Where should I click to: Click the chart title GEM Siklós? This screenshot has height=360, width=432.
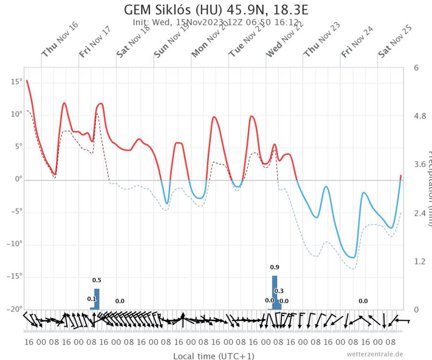(216, 10)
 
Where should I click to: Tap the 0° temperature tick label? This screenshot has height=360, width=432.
(17, 180)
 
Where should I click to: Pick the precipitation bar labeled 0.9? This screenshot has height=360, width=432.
(275, 292)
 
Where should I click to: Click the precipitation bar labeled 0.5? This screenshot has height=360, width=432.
(97, 299)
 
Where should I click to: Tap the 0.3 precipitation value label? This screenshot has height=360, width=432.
(279, 291)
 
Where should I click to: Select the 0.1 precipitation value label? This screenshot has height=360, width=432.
(91, 299)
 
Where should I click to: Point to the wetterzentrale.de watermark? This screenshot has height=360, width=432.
(375, 354)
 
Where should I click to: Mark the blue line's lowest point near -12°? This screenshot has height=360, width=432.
(353, 257)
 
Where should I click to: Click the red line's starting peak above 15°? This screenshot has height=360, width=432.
(27, 81)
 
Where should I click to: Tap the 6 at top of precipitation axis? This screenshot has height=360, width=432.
(416, 68)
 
